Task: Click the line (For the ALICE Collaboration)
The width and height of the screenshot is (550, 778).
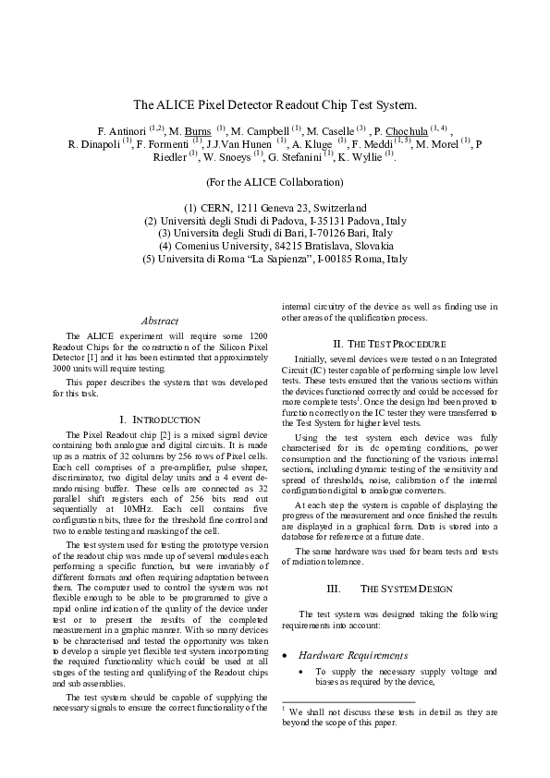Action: click(x=275, y=182)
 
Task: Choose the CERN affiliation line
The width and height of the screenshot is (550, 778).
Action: click(x=275, y=208)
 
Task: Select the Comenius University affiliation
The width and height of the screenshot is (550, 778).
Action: click(x=275, y=247)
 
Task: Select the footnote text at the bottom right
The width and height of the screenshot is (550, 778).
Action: click(x=389, y=718)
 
